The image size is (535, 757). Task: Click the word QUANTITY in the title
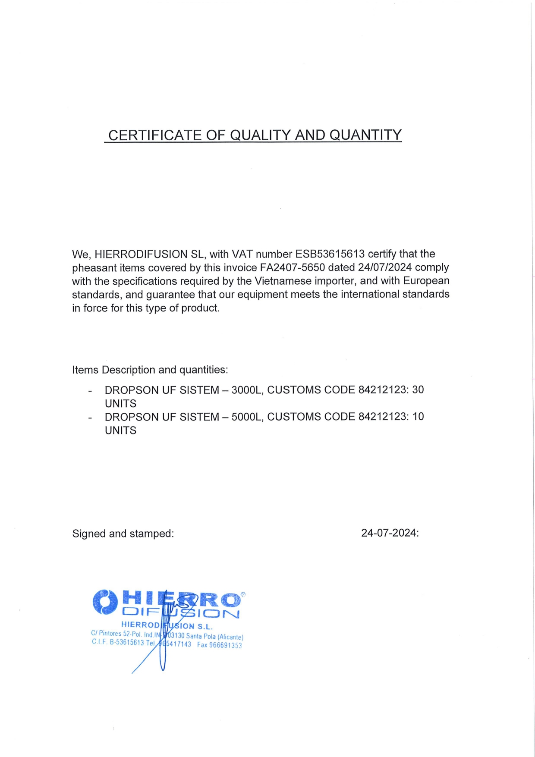click(365, 135)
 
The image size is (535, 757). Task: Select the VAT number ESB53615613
click(330, 254)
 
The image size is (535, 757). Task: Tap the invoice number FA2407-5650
click(292, 267)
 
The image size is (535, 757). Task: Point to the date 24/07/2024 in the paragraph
click(384, 267)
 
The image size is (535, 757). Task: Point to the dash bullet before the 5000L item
click(90, 418)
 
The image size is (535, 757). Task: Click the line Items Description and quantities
click(150, 370)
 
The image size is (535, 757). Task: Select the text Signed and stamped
click(123, 534)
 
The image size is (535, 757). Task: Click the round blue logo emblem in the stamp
click(105, 602)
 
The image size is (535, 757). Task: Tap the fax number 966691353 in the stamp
click(225, 645)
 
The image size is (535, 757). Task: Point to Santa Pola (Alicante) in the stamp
click(214, 636)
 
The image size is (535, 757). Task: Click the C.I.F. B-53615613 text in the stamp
click(117, 642)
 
